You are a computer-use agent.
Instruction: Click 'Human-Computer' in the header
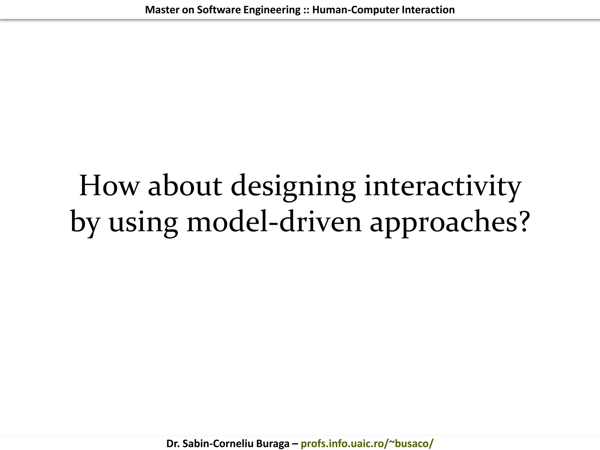tap(356, 10)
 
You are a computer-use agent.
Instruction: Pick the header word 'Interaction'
tap(428, 10)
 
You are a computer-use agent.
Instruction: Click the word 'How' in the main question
tap(109, 186)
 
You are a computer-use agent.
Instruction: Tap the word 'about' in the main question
tap(185, 186)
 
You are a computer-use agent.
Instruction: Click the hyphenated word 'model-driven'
tap(274, 221)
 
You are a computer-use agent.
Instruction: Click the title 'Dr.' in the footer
tap(173, 444)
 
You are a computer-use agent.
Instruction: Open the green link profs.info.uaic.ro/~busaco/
tap(367, 444)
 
